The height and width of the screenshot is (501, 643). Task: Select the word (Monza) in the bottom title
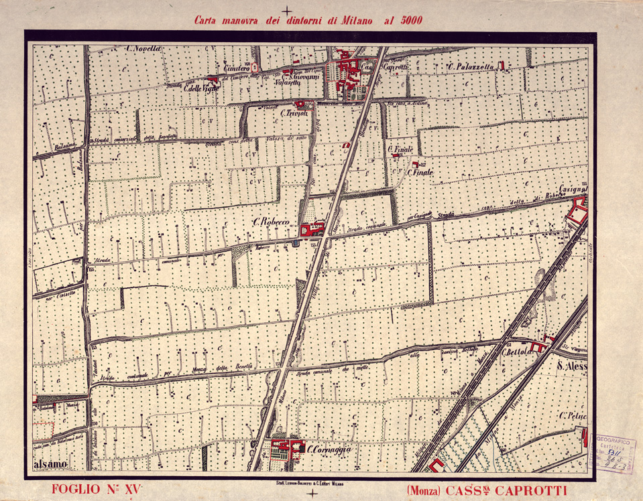(423, 490)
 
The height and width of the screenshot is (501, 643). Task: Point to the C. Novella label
(143, 48)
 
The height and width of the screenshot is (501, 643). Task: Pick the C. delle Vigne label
(202, 88)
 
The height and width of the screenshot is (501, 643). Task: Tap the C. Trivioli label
(294, 114)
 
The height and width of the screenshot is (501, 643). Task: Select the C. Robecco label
(270, 222)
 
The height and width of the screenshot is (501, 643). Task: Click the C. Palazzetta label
(471, 66)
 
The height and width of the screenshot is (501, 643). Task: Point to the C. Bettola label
(516, 352)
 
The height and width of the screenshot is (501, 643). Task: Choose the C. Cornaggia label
(329, 450)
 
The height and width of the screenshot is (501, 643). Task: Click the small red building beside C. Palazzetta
(500, 65)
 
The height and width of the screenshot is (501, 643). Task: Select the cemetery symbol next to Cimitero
(254, 68)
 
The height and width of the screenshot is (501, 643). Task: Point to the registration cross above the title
(287, 11)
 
